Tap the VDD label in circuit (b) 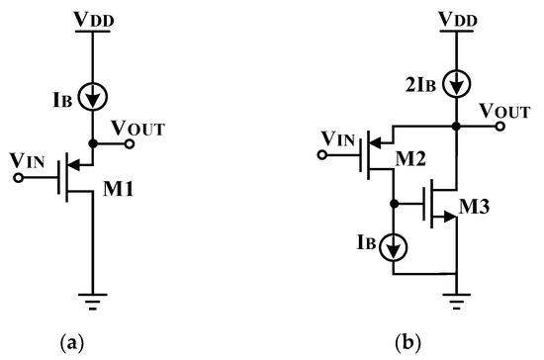(454, 18)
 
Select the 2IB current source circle (454, 81)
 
